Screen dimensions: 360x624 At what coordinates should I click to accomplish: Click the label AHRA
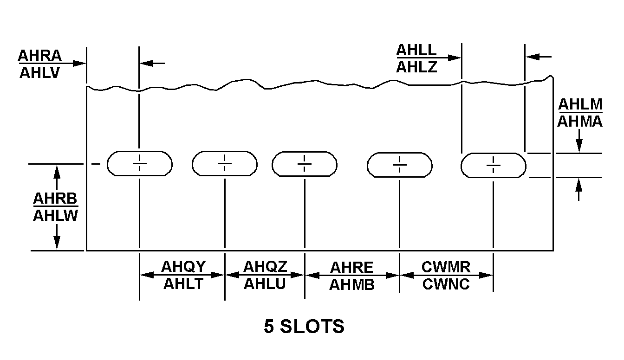[39, 56]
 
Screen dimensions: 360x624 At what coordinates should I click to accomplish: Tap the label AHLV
[39, 73]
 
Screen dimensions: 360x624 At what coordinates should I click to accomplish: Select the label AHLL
[416, 50]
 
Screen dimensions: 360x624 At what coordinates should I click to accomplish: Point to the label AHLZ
[416, 67]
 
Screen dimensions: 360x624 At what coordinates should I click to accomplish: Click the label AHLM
[580, 104]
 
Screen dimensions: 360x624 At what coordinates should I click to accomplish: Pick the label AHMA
[580, 122]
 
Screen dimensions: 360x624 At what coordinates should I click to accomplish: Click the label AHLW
[55, 215]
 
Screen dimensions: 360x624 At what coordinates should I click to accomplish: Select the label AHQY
[183, 267]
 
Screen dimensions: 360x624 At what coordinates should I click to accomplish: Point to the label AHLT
[183, 283]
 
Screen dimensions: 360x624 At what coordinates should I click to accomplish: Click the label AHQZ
[265, 267]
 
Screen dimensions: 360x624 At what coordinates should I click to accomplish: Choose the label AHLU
[265, 283]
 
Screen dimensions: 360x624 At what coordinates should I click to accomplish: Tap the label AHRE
[351, 268]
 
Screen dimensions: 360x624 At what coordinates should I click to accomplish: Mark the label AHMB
[351, 285]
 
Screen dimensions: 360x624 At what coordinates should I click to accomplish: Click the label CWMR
[446, 267]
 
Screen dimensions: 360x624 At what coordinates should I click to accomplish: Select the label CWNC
[446, 283]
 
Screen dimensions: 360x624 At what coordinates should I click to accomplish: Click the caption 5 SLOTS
[304, 327]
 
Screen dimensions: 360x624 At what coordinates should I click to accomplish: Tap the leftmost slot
[140, 163]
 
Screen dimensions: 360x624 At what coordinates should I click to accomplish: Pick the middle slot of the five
[305, 164]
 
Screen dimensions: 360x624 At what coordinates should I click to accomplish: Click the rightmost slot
[493, 165]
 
